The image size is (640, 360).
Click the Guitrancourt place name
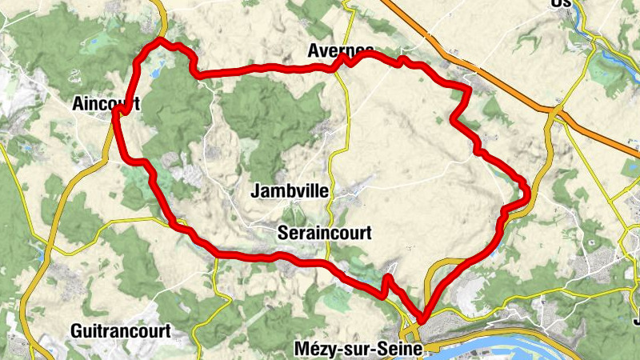pyautogui.click(x=120, y=330)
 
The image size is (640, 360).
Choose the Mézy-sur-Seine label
pyautogui.click(x=352, y=348)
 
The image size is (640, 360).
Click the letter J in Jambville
pyautogui.click(x=255, y=191)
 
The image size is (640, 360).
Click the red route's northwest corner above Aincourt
pyautogui.click(x=161, y=40)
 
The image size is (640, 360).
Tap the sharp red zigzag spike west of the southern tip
pyautogui.click(x=387, y=278)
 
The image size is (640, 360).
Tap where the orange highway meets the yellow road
pyautogui.click(x=557, y=108)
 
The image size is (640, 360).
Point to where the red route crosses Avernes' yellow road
pyautogui.click(x=346, y=60)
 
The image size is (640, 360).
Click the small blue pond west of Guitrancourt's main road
pyautogui.click(x=40, y=256)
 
